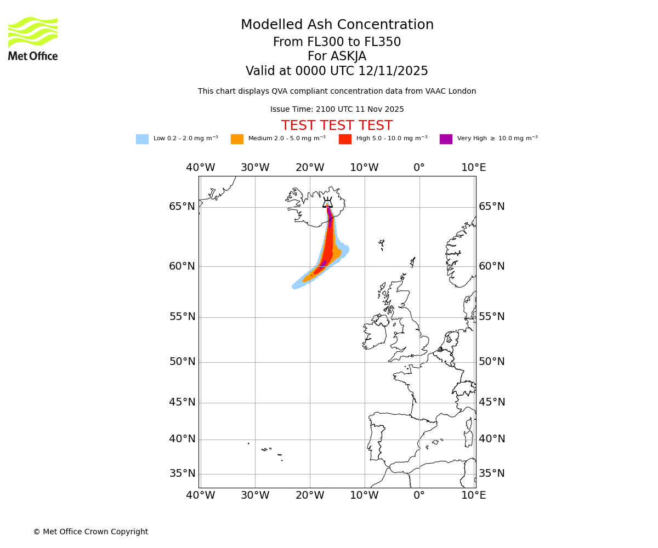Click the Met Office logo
[33, 38]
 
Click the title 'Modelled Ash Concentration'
[337, 25]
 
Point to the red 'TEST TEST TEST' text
[337, 126]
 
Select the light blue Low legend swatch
[142, 139]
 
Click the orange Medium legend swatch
[237, 139]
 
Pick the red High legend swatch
[345, 139]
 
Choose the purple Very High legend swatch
[446, 139]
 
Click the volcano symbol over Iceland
[327, 203]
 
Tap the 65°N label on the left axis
[182, 207]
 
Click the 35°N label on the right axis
[492, 473]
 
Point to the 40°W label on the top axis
[200, 168]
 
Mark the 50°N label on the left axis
[182, 362]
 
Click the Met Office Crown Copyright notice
[90, 532]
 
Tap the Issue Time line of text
[337, 110]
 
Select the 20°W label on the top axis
[310, 168]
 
